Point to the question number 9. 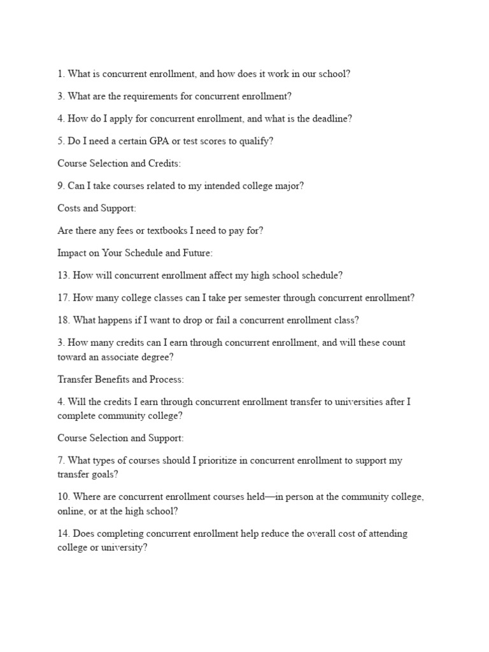tap(61, 186)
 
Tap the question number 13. tap(63, 276)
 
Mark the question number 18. tap(63, 320)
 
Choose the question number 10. tap(63, 496)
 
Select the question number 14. tap(63, 534)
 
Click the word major tap(290, 186)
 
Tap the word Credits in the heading tap(165, 164)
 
